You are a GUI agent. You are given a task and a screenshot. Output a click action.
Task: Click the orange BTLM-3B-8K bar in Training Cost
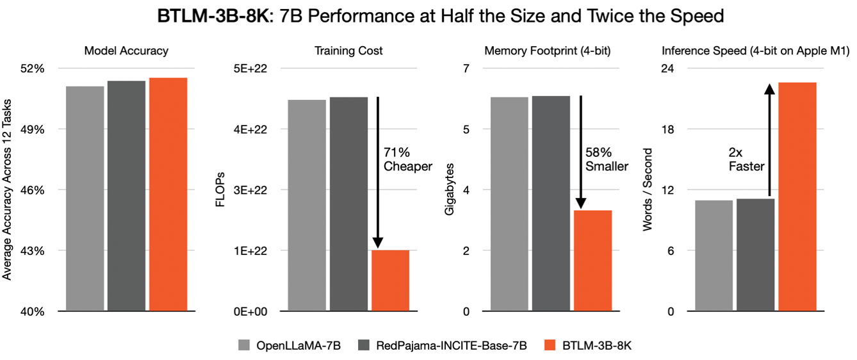click(x=390, y=281)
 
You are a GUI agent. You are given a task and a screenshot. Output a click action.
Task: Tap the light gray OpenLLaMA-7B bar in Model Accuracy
click(x=85, y=199)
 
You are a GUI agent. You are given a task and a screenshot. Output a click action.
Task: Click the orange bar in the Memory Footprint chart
click(x=593, y=261)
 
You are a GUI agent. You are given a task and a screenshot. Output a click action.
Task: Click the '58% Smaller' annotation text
click(x=606, y=160)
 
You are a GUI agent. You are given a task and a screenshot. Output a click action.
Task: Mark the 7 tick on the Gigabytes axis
click(x=466, y=69)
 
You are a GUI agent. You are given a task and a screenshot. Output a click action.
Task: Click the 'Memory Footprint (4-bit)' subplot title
click(x=548, y=50)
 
